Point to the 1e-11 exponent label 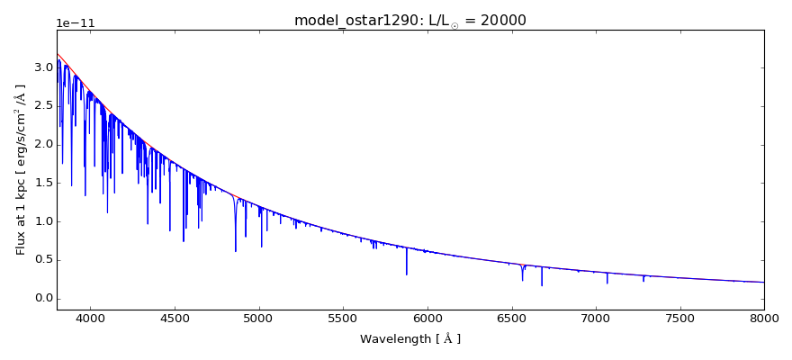[x=76, y=23]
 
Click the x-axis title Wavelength [x=409, y=339]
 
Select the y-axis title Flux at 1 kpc [x=21, y=169]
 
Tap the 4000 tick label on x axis [x=90, y=318]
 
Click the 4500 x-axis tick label [x=175, y=318]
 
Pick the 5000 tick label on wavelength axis [x=259, y=318]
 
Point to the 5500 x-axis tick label [x=343, y=318]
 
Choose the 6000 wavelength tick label [x=427, y=318]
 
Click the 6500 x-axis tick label [x=511, y=318]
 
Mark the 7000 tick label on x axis [x=596, y=318]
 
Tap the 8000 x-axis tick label [x=764, y=318]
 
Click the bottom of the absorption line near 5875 [x=407, y=274]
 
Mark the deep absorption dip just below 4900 [x=236, y=250]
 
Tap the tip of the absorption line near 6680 [x=542, y=285]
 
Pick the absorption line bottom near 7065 [x=607, y=283]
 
